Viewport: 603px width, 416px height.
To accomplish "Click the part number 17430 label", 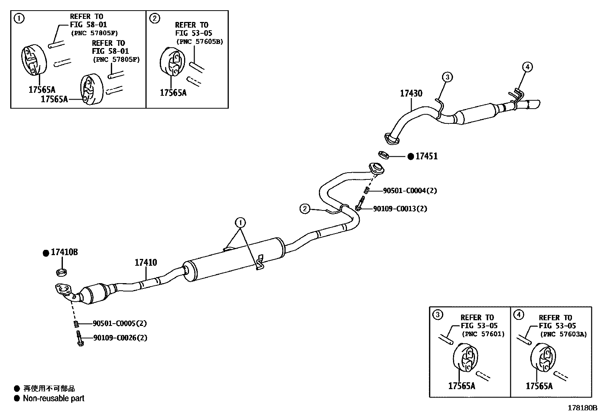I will [411, 93].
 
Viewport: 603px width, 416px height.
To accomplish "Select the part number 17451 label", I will [426, 156].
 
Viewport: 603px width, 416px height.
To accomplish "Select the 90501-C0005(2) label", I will [120, 324].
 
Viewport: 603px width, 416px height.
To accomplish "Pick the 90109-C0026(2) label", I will [120, 338].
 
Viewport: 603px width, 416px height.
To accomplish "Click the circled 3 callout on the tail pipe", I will [447, 77].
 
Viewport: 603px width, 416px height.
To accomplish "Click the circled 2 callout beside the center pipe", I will [305, 208].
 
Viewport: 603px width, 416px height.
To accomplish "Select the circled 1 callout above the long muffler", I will [240, 222].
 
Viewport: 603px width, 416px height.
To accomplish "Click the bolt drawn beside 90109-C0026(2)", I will [79, 338].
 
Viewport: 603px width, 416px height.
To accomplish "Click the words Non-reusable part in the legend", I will [53, 398].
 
